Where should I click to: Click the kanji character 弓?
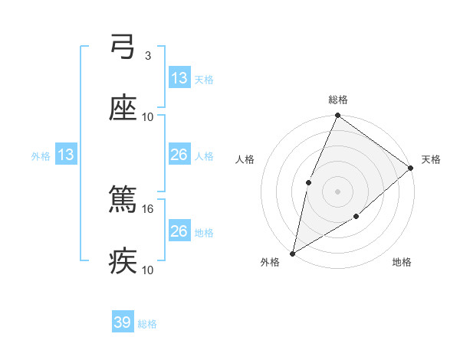pos(123,48)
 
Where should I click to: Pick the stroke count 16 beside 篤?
pos(149,208)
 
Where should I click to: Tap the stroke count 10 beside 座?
pos(148,116)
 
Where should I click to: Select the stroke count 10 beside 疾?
pos(148,270)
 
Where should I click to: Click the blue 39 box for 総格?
pos(123,322)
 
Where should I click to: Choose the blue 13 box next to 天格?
pos(179,78)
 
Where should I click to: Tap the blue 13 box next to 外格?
pos(66,155)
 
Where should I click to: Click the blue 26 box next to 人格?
pos(179,155)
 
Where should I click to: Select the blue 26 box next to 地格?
pos(179,231)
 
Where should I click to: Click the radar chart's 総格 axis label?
pos(338,100)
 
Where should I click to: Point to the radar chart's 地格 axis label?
pos(402,262)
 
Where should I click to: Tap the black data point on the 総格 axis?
pos(337,116)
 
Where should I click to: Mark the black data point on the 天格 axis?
pos(411,168)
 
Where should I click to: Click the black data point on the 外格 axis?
pos(292,253)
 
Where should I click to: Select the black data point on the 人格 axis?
pos(308,182)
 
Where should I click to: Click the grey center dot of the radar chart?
pos(337,191)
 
